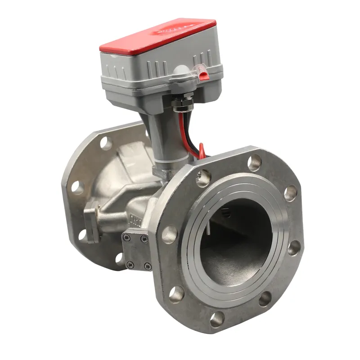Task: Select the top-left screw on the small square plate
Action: (x=128, y=238)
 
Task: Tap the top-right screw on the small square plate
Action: (x=144, y=239)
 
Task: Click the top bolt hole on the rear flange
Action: (x=105, y=143)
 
